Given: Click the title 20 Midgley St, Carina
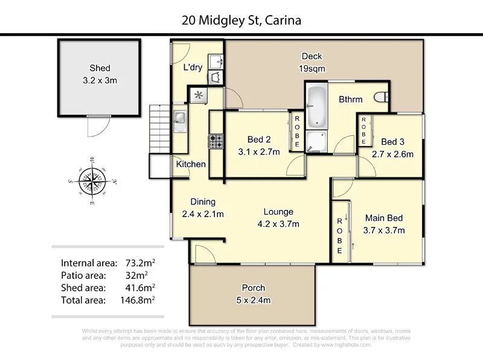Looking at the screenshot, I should (x=241, y=21).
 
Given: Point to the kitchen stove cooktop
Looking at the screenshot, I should (x=216, y=142).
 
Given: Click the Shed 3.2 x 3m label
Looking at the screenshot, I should (x=100, y=74).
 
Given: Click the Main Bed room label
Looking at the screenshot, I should (x=384, y=218).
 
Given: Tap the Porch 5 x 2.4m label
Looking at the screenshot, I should (x=253, y=293).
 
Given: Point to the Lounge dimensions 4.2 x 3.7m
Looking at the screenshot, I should (x=278, y=224).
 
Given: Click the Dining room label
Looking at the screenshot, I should (x=203, y=202).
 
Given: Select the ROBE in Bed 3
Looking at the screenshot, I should (x=363, y=130).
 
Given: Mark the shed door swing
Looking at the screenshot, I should (x=96, y=127).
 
